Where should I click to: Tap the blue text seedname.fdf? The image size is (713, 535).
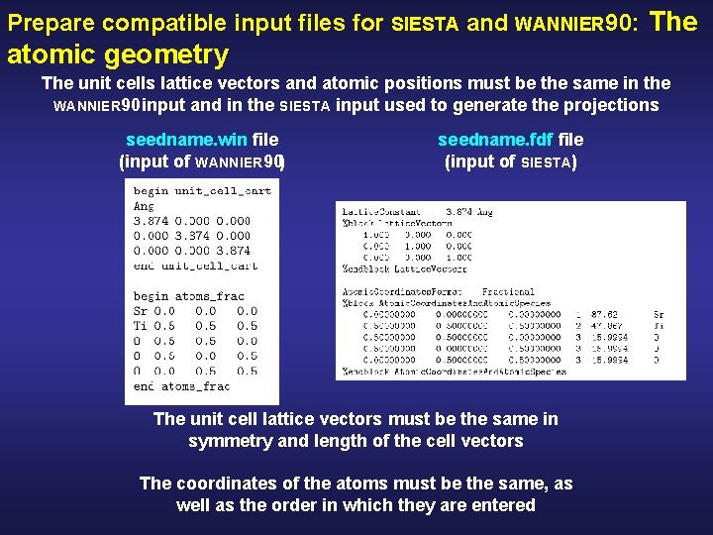[x=497, y=141]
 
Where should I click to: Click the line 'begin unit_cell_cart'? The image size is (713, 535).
[x=202, y=190]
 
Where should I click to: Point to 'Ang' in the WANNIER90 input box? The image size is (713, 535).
[x=145, y=206]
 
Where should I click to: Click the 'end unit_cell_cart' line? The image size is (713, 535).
[x=195, y=266]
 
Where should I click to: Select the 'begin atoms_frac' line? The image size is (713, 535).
[x=188, y=296]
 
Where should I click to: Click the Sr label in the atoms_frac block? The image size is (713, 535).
[x=141, y=311]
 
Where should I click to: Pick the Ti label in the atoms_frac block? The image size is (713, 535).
[x=141, y=326]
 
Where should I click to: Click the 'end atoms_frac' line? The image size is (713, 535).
[x=181, y=386]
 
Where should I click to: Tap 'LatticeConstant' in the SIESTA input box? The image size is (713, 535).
[x=381, y=212]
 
